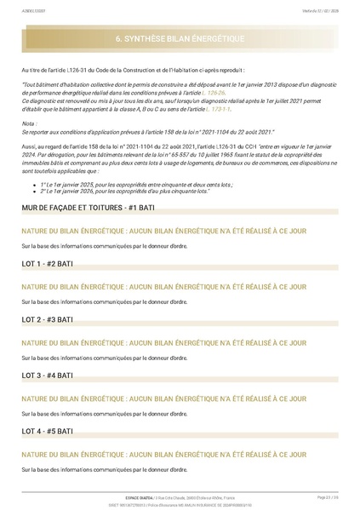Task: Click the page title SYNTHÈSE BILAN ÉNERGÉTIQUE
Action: point(180,39)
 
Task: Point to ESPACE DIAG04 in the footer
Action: point(139,497)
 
